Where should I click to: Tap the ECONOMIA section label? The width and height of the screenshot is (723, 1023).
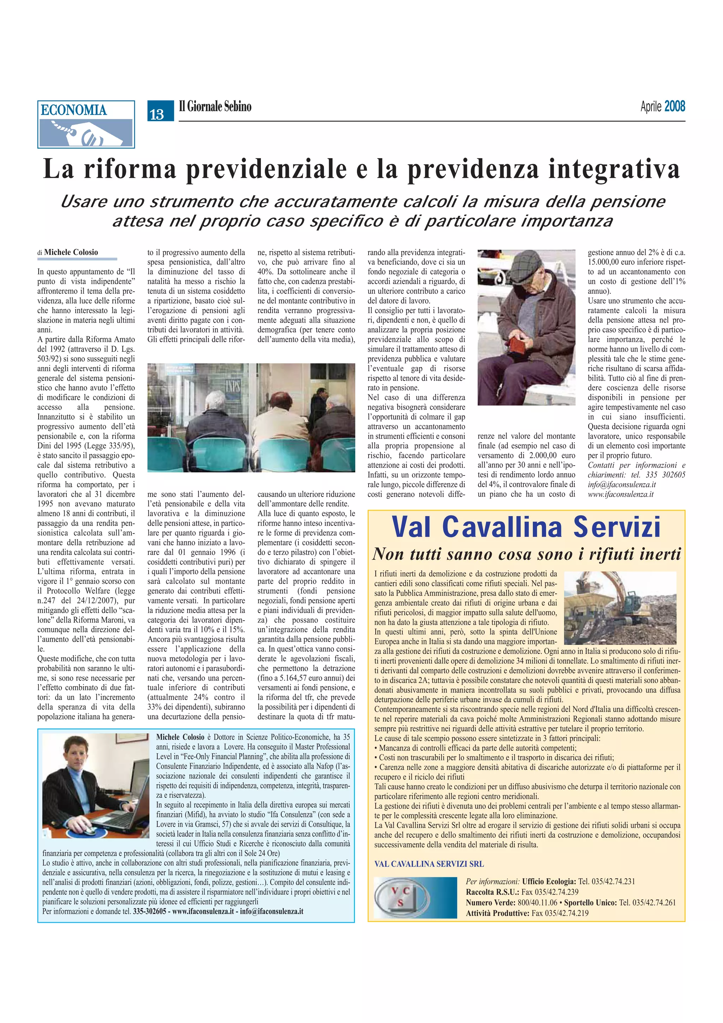tap(74, 110)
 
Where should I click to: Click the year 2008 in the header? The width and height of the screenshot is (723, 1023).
tap(674, 107)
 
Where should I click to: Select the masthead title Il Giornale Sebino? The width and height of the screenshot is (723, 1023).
tap(215, 107)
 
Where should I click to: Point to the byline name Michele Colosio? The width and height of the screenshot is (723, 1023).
tap(71, 252)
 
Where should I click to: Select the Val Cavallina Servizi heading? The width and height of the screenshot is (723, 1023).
tap(526, 527)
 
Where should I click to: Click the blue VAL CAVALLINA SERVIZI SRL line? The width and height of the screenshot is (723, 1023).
tap(429, 863)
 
